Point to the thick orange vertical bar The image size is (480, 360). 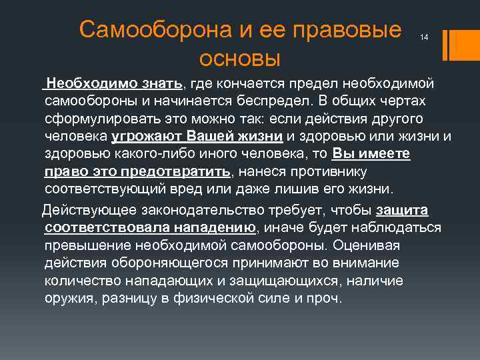pyautogui.click(x=456, y=45)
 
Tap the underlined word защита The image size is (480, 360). pyautogui.click(x=402, y=211)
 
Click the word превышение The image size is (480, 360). pyautogui.click(x=87, y=245)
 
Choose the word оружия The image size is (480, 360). pyautogui.click(x=69, y=297)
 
